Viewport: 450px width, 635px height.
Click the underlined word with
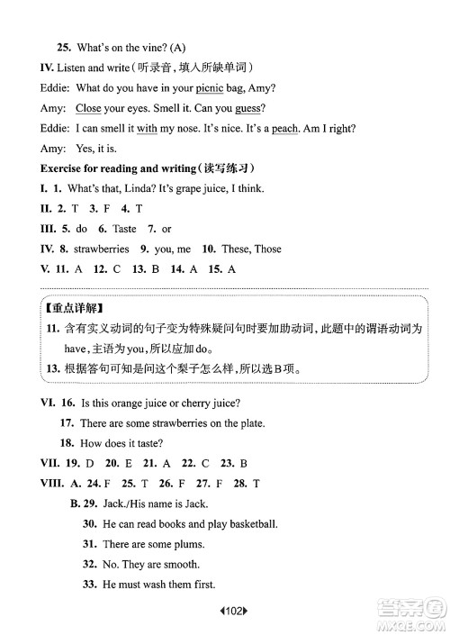[x=147, y=128]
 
